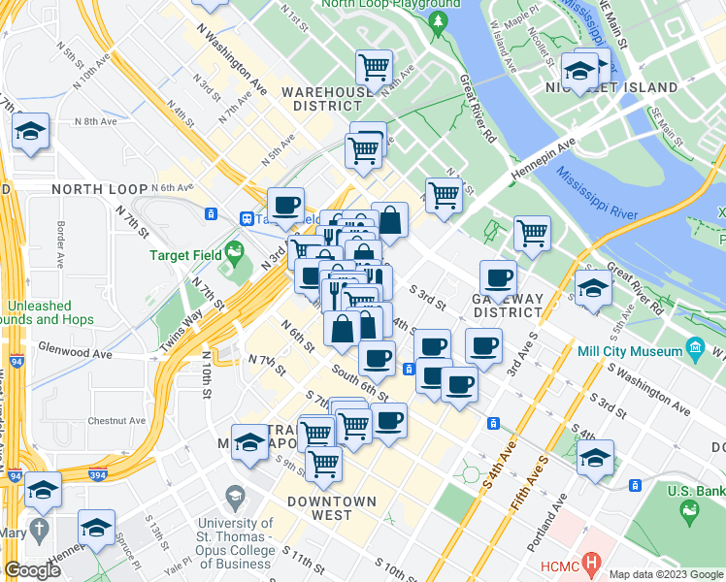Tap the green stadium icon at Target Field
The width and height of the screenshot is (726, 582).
tap(233, 256)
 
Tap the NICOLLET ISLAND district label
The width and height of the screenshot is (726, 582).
tap(621, 87)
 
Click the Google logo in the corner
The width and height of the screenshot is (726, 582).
tap(32, 570)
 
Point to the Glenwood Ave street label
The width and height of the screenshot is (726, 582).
tap(70, 346)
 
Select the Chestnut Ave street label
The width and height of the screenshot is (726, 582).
tap(115, 421)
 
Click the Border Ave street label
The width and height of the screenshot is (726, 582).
tap(60, 245)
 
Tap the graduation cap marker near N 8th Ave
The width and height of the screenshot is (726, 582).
tap(31, 131)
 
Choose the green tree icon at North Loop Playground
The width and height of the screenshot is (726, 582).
tap(441, 19)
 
